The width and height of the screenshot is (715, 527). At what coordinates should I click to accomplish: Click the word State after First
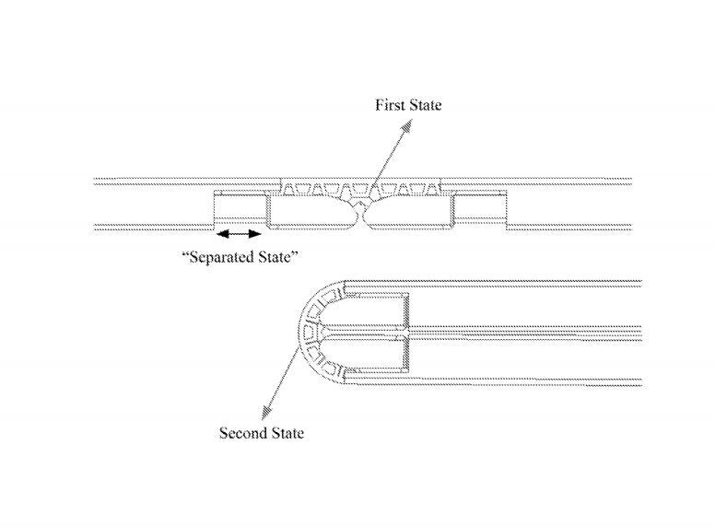(424, 105)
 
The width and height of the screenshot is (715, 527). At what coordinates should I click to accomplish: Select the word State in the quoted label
(278, 256)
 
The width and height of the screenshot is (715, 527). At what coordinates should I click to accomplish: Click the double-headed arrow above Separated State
(237, 233)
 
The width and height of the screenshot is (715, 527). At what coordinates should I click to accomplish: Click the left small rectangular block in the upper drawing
(237, 209)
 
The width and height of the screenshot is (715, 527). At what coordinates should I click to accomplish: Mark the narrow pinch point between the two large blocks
(360, 215)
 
